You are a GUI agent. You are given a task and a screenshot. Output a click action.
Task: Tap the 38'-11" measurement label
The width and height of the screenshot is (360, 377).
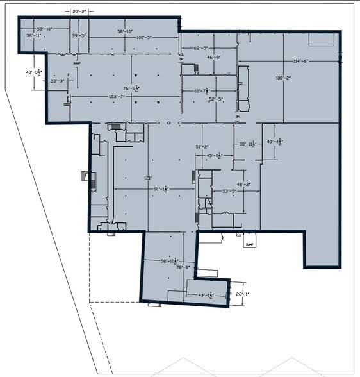point(34,36)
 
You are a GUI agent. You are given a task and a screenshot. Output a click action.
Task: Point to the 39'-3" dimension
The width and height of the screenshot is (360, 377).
point(79,36)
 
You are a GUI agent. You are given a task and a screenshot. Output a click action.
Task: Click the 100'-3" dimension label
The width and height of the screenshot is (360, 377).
point(144,37)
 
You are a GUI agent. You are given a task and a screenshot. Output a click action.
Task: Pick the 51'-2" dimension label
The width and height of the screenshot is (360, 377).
point(204,147)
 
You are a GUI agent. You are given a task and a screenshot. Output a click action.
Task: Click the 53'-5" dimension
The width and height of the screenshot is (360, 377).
point(229,191)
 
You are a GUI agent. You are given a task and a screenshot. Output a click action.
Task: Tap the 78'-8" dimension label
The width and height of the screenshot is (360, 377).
point(184,267)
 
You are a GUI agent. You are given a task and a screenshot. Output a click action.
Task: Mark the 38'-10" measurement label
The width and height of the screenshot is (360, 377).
point(124,31)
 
